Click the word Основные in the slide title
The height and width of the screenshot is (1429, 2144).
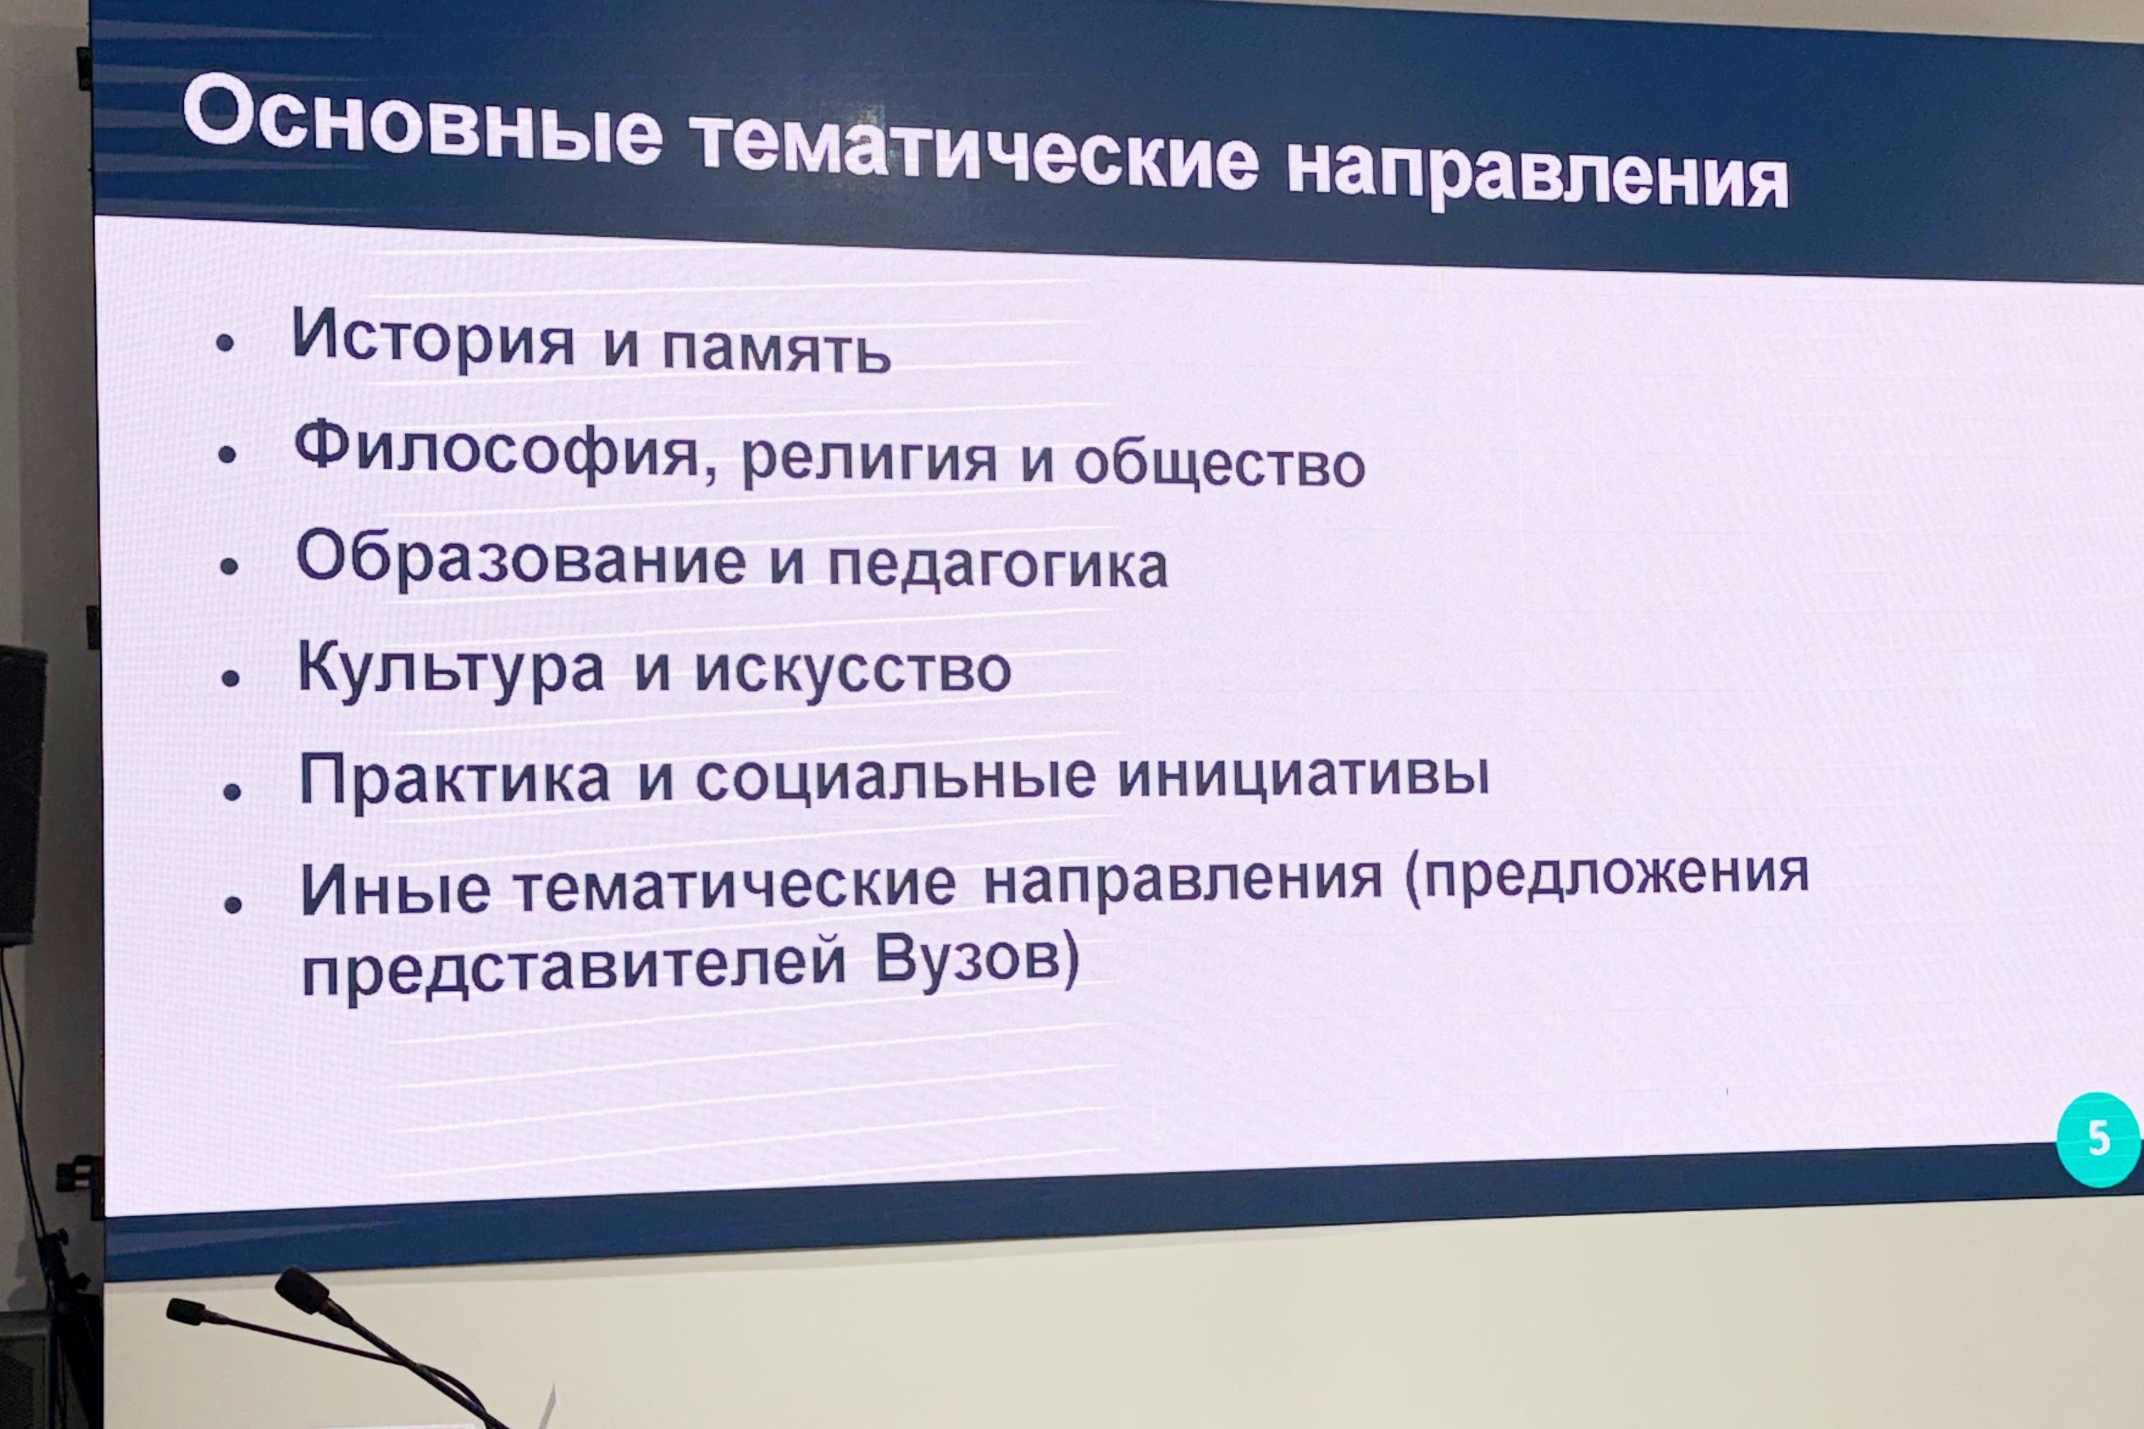point(423,123)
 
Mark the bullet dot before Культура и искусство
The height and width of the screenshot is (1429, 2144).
point(231,679)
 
